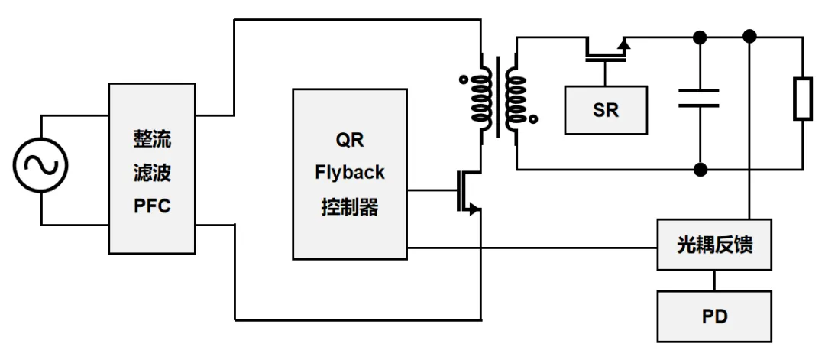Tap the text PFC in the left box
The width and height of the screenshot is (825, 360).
[x=152, y=206]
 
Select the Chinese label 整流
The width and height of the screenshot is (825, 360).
[x=152, y=140]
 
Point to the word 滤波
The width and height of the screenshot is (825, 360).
[x=152, y=174]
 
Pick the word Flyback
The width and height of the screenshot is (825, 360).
[x=349, y=174]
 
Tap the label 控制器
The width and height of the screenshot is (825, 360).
[x=349, y=207]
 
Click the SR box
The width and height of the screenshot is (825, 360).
[x=606, y=111]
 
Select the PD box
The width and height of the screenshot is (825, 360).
[x=714, y=316]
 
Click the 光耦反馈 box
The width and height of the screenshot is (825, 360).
[x=714, y=245]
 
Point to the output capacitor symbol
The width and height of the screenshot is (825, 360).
[x=699, y=99]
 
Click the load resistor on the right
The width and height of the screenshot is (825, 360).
[x=802, y=99]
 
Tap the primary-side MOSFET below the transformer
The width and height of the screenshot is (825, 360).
[x=468, y=192]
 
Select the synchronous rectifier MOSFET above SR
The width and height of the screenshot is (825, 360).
[x=606, y=50]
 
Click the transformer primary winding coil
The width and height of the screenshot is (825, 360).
[x=480, y=98]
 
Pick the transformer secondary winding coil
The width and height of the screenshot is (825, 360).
[x=516, y=98]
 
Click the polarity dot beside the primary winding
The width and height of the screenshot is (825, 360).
[x=464, y=80]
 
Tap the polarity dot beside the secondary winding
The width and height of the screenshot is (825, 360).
[x=533, y=119]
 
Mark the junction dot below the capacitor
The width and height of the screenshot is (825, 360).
[x=700, y=170]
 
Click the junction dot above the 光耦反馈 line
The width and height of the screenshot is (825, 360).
[x=750, y=37]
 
